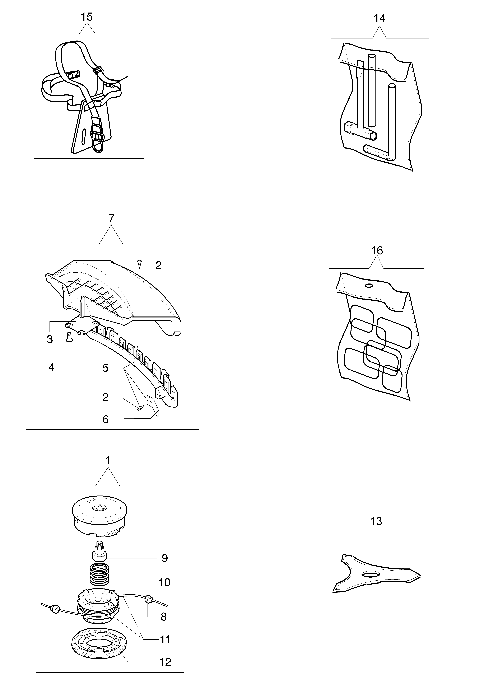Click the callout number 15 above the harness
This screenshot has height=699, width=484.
click(87, 17)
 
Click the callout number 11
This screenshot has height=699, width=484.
click(165, 639)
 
